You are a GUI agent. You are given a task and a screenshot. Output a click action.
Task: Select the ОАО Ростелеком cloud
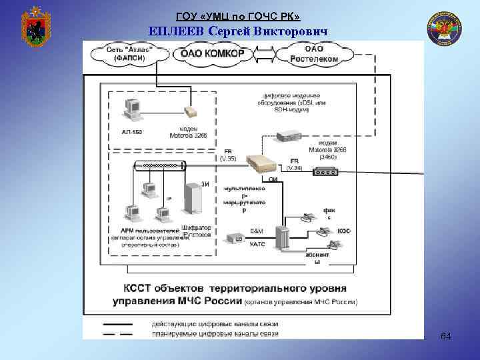313,53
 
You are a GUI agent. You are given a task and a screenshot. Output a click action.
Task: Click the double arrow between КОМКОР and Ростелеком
265,54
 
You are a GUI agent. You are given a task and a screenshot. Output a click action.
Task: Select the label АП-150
132,131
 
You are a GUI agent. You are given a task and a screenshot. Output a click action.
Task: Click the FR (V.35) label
228,155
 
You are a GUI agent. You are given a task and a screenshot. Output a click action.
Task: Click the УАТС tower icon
284,237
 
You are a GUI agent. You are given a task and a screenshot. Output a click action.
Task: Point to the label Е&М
257,230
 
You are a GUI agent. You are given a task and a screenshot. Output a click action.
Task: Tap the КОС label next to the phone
344,231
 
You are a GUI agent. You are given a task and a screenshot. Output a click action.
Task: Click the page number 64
445,337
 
